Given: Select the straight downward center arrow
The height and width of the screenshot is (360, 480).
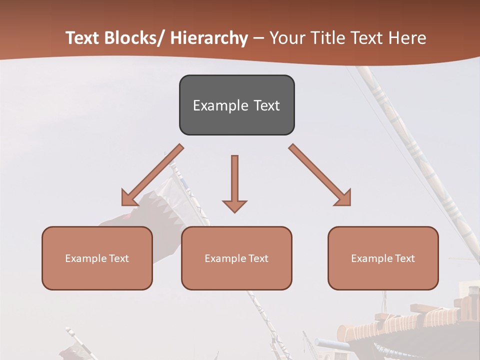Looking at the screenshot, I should click(234, 183).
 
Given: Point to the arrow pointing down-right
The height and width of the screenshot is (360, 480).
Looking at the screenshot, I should click(320, 175).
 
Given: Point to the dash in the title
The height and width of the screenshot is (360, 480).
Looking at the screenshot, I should click(258, 38).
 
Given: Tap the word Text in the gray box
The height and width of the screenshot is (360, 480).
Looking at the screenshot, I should click(266, 105).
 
